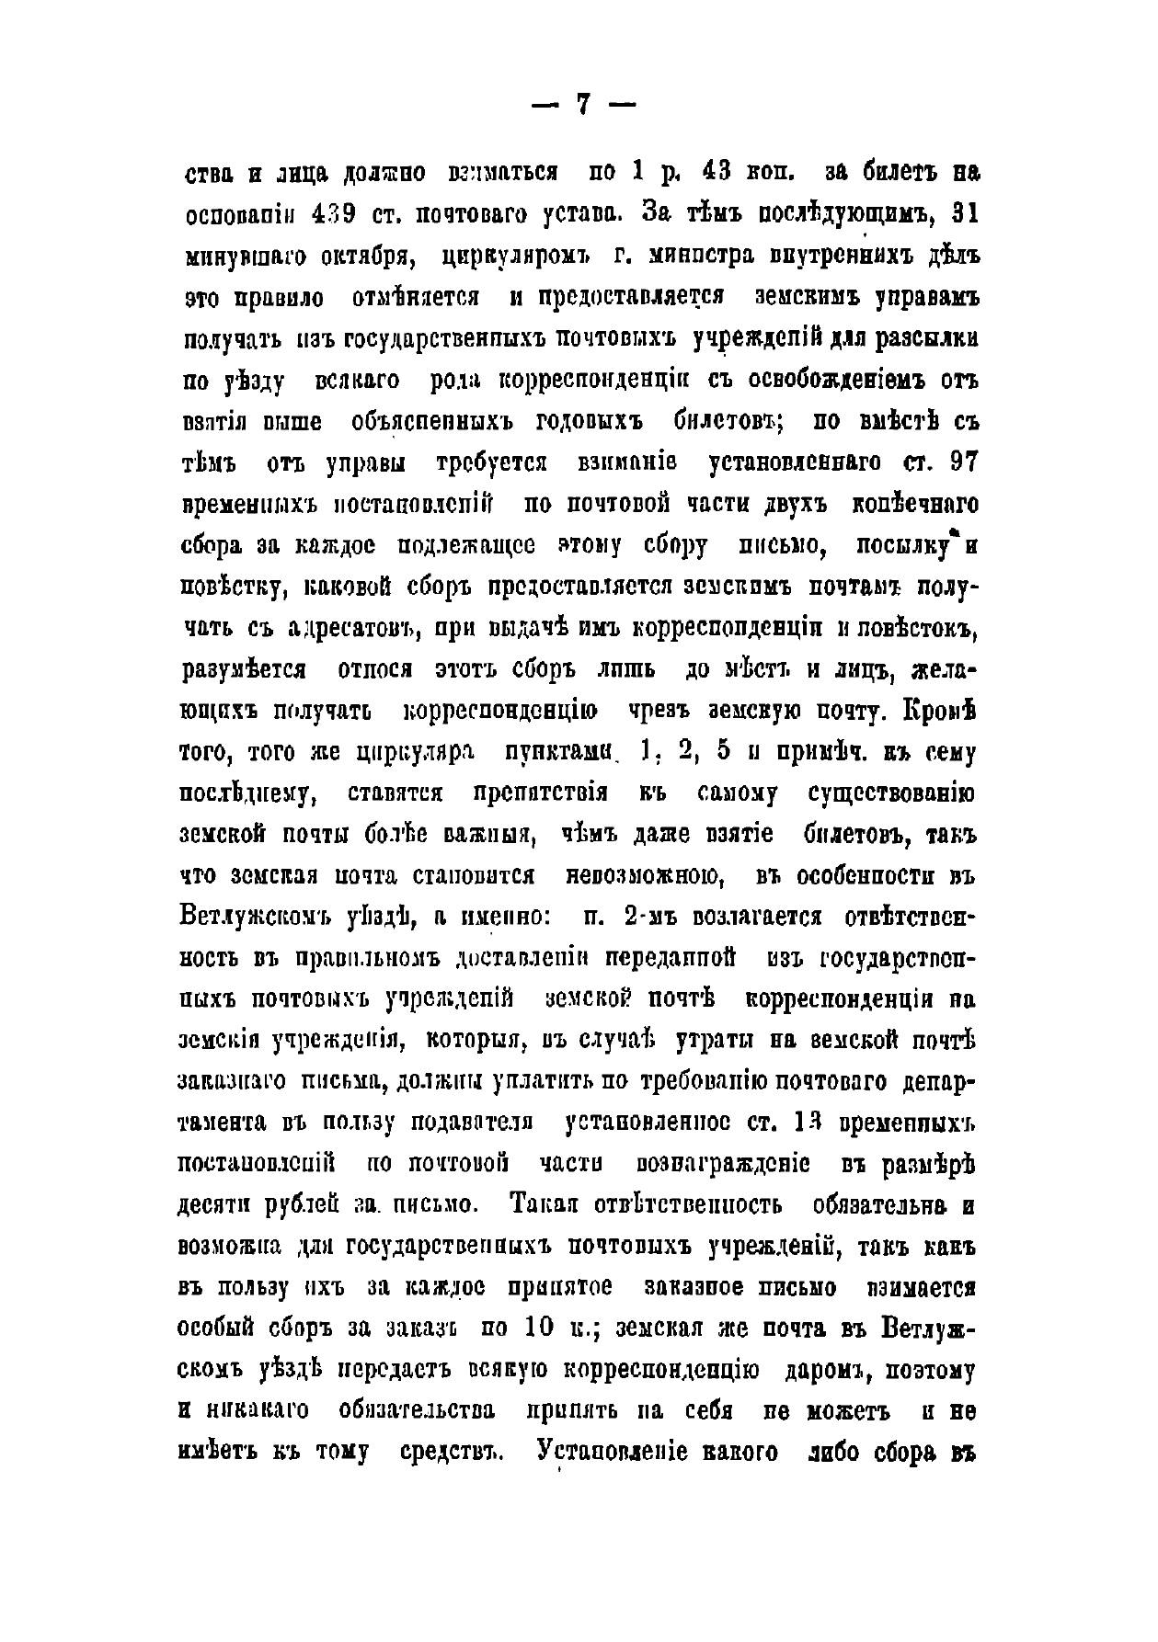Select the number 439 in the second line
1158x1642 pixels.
pyautogui.click(x=336, y=214)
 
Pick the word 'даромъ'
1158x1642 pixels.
pyautogui.click(x=829, y=1368)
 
